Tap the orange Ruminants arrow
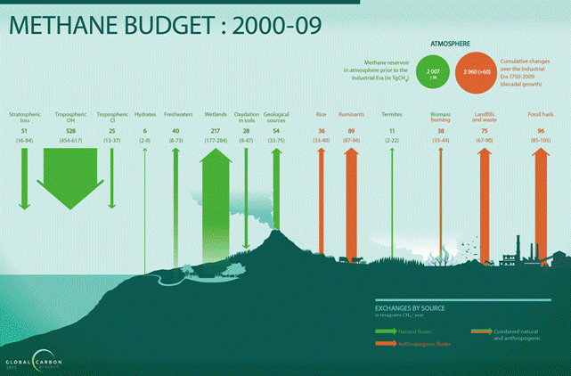tap(351, 196)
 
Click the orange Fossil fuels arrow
tap(538, 196)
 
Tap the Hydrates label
tap(144, 115)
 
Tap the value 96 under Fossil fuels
tap(541, 130)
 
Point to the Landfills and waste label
tap(485, 117)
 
